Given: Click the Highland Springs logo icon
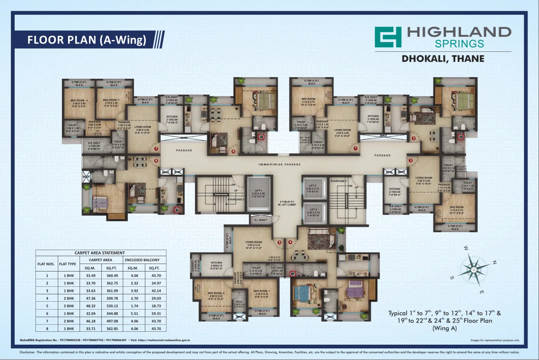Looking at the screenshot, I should click(388, 37).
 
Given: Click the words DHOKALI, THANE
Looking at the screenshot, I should click(443, 59).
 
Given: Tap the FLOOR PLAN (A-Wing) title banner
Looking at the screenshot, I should click(87, 40).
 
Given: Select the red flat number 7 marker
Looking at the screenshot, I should click(156, 148).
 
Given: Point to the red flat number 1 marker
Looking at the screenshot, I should click(356, 148).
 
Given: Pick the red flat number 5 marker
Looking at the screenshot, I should click(279, 242).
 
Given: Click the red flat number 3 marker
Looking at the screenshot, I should click(411, 160).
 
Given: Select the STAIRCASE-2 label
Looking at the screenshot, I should click(236, 199).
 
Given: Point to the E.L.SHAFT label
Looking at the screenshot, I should click(261, 220).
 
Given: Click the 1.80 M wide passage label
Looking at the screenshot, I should click(279, 165).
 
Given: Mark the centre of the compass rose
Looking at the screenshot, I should click(474, 270).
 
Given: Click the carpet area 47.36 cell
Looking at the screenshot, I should click(91, 298).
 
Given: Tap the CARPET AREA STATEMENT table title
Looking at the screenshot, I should click(100, 253).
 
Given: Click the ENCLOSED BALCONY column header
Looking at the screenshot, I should click(142, 260).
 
